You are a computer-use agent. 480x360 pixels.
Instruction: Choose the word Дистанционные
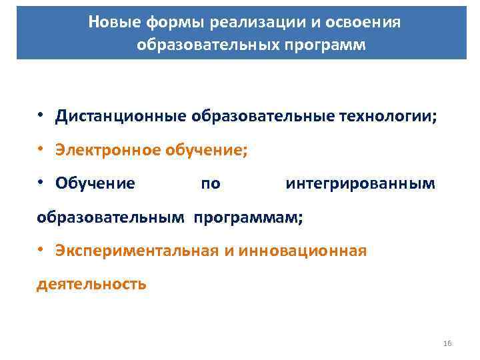tap(121, 117)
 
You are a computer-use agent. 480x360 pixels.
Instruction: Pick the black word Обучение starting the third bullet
tap(95, 183)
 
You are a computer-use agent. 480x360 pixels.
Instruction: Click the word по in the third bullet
tap(210, 183)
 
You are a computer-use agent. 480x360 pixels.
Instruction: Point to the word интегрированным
tap(361, 183)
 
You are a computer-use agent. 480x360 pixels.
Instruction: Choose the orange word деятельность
tap(91, 284)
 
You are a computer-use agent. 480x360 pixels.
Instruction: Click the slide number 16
tap(447, 343)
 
